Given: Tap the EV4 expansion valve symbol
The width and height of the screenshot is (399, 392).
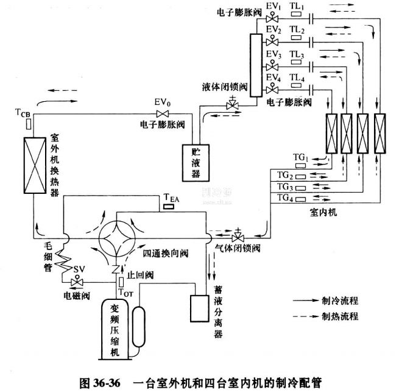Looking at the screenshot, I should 272,90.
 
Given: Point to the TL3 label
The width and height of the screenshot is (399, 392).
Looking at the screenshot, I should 297,55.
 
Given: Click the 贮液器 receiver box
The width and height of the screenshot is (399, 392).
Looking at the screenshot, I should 196,162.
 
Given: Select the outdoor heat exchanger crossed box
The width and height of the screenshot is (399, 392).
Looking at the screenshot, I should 33,166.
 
